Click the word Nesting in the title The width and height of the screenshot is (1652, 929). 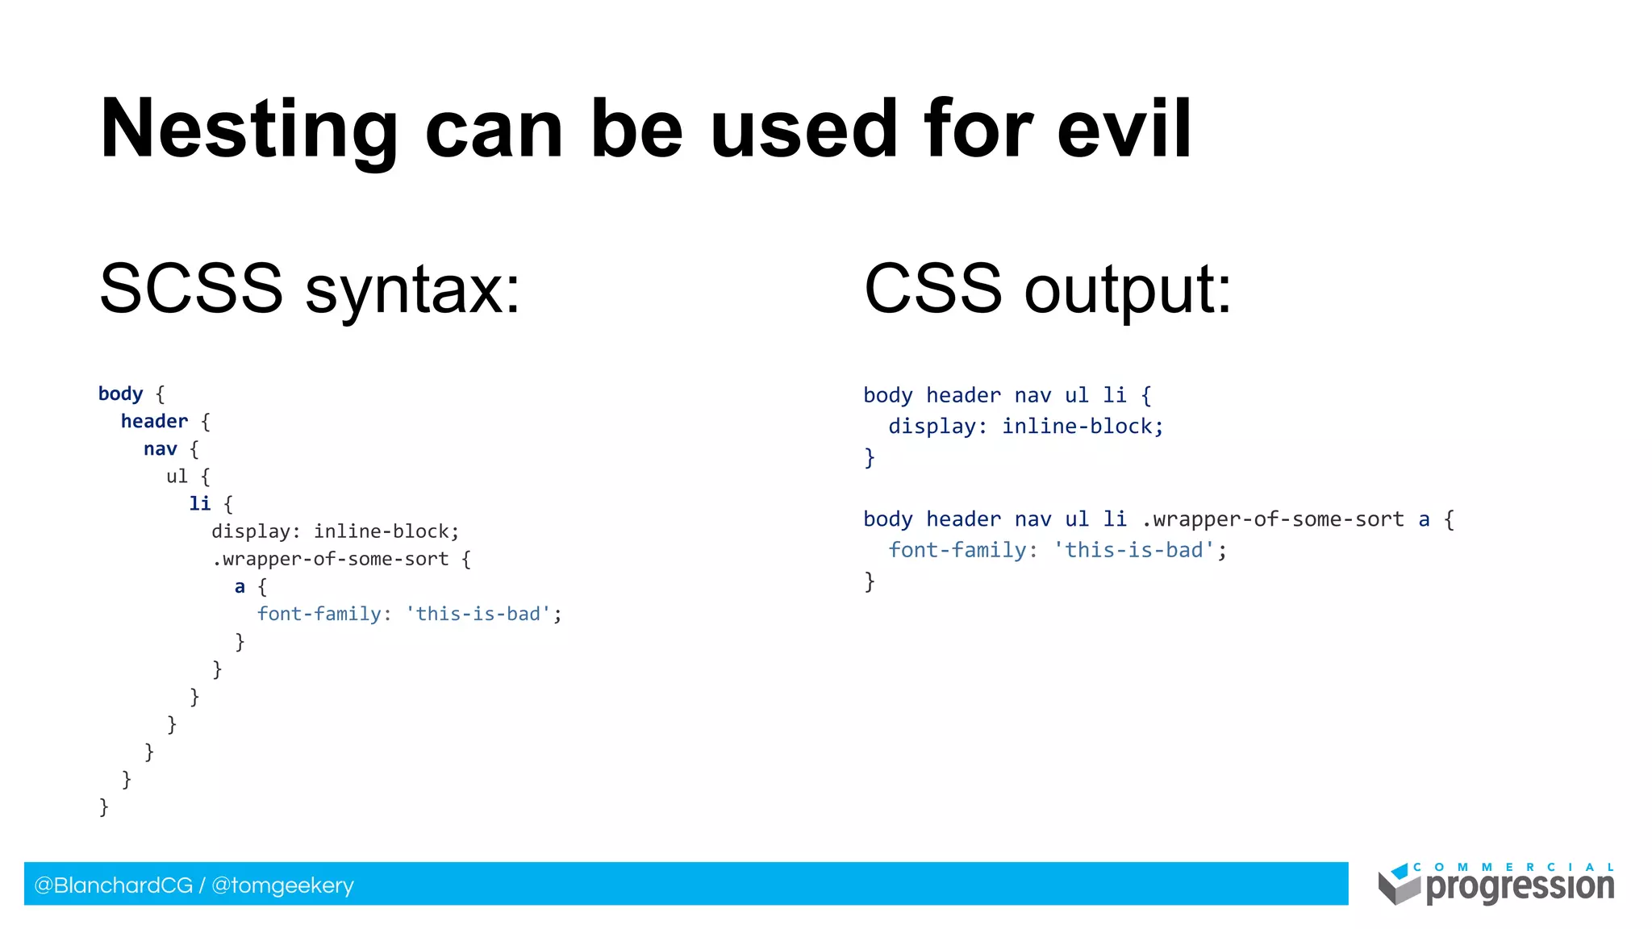pyautogui.click(x=248, y=129)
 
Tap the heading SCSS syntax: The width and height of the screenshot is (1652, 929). pyautogui.click(x=310, y=289)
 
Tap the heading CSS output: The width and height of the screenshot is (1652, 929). pyautogui.click(x=1047, y=289)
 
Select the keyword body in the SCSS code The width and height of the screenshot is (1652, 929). pyautogui.click(x=120, y=394)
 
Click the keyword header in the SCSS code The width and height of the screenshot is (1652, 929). pyautogui.click(x=154, y=421)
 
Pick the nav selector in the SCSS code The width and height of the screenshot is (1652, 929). pyautogui.click(x=160, y=449)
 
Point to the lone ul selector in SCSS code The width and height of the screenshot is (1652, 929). pyautogui.click(x=177, y=477)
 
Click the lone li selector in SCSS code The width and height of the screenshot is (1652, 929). pyautogui.click(x=199, y=504)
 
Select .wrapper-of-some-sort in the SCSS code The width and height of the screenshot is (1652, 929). pyautogui.click(x=331, y=559)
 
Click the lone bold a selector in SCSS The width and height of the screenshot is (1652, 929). pyautogui.click(x=240, y=587)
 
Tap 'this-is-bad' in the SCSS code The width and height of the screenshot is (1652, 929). pyautogui.click(x=478, y=614)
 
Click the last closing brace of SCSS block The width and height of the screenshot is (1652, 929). pyautogui.click(x=103, y=806)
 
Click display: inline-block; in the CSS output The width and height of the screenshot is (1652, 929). pyautogui.click(x=1025, y=426)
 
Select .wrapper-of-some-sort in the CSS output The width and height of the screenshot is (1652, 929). pyautogui.click(x=1273, y=519)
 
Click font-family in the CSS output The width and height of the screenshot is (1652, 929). pyautogui.click(x=957, y=550)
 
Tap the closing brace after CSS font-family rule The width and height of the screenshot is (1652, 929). pyautogui.click(x=869, y=581)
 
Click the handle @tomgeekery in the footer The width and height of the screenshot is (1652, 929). pyautogui.click(x=282, y=885)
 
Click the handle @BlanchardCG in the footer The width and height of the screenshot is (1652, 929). pyautogui.click(x=113, y=885)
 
